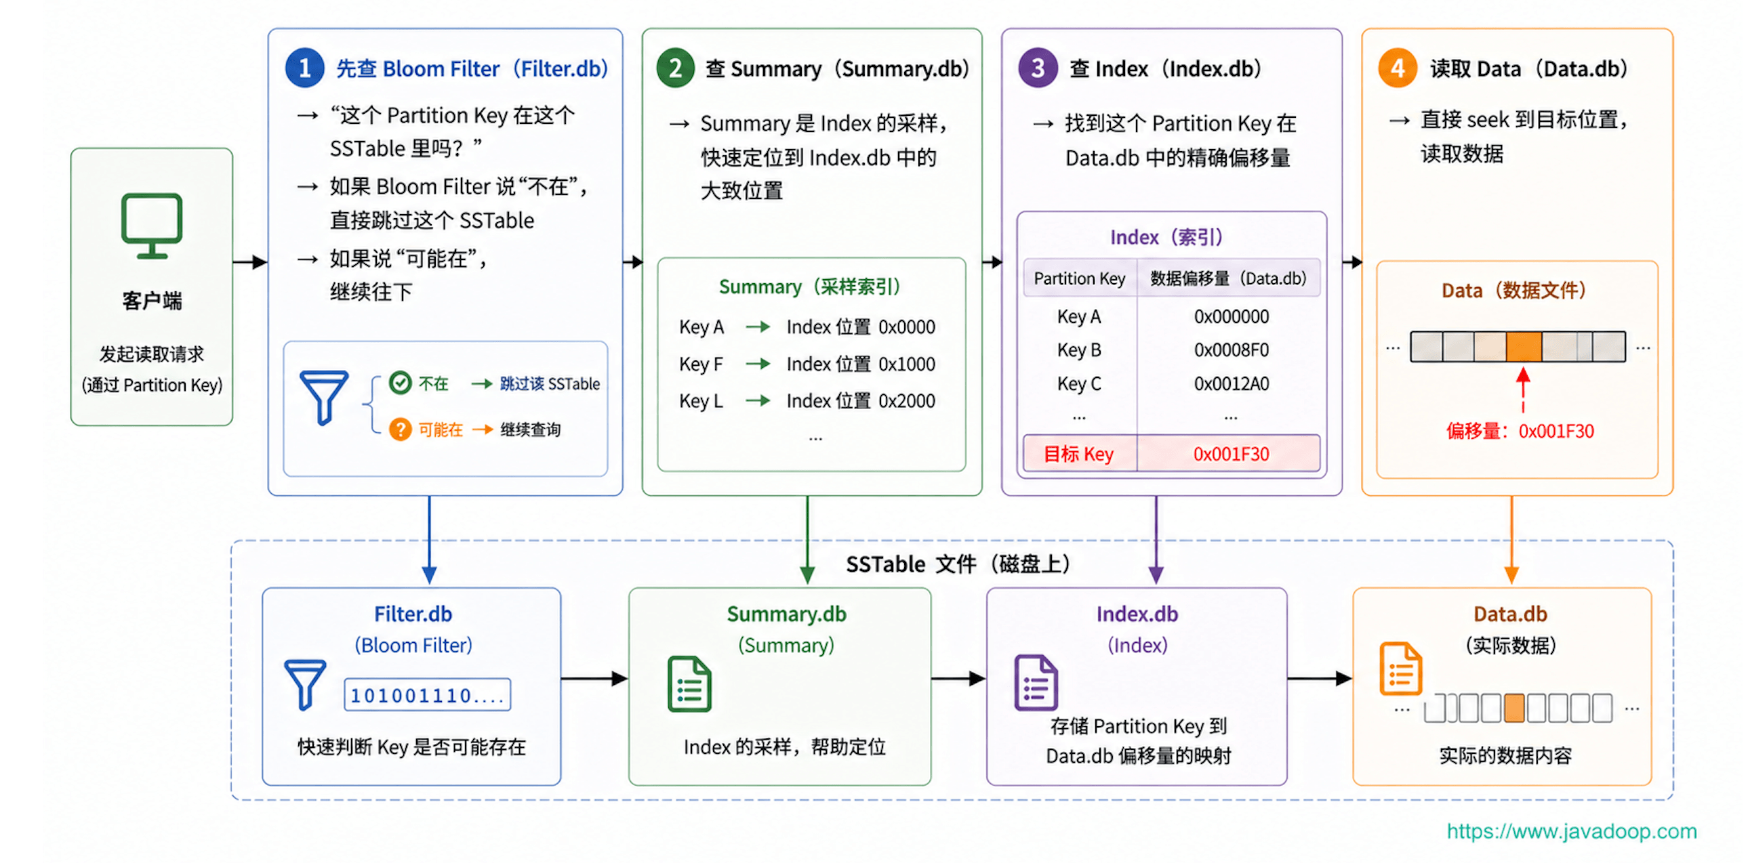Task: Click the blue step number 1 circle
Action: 304,68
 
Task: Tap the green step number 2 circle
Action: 675,68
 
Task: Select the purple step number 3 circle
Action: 1038,68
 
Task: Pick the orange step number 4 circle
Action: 1398,68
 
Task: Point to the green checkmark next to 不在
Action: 400,383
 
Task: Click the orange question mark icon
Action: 400,429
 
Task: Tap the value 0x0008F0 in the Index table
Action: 1231,350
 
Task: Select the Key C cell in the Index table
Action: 1079,383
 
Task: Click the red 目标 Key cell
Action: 1079,454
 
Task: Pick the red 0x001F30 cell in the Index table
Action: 1231,454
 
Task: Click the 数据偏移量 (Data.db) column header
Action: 1228,278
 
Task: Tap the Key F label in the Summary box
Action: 701,364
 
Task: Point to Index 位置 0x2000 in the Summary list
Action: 860,400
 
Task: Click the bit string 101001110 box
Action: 426,694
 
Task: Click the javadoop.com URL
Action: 1571,831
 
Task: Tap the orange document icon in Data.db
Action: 1400,668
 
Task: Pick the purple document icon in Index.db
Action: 1036,682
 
